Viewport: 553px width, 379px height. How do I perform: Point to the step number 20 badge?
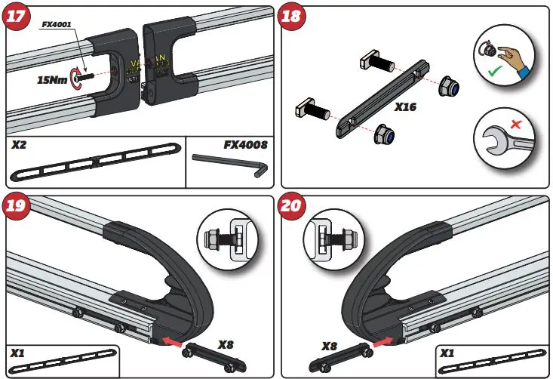tap(293, 206)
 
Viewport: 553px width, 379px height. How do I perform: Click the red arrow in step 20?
tap(383, 342)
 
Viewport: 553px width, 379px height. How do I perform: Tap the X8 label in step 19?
tap(226, 345)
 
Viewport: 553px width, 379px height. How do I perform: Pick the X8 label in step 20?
tap(328, 346)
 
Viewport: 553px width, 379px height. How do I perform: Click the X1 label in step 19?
tap(18, 352)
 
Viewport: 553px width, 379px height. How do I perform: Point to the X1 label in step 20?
tap(447, 352)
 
